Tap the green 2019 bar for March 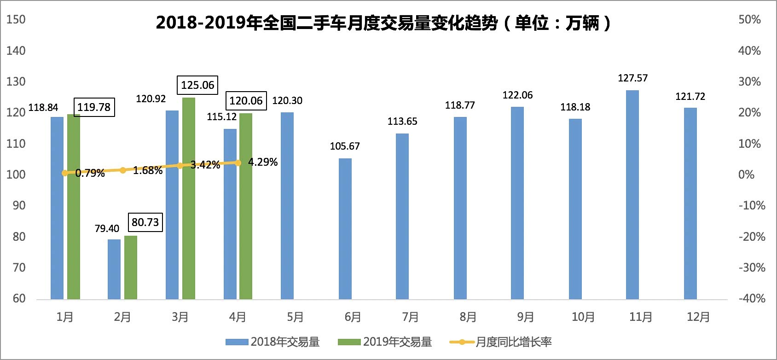click(x=189, y=198)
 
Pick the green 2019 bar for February click(x=131, y=267)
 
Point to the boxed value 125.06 click(x=197, y=85)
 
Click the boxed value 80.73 click(x=145, y=222)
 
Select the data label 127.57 click(x=632, y=78)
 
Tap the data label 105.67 click(x=345, y=146)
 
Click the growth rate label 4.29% click(x=263, y=162)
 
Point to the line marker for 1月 click(x=65, y=173)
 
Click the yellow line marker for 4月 click(x=238, y=163)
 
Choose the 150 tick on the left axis click(x=16, y=20)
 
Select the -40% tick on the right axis click(x=752, y=298)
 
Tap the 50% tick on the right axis click(x=749, y=20)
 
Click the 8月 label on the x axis click(x=468, y=317)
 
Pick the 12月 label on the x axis click(x=698, y=317)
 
